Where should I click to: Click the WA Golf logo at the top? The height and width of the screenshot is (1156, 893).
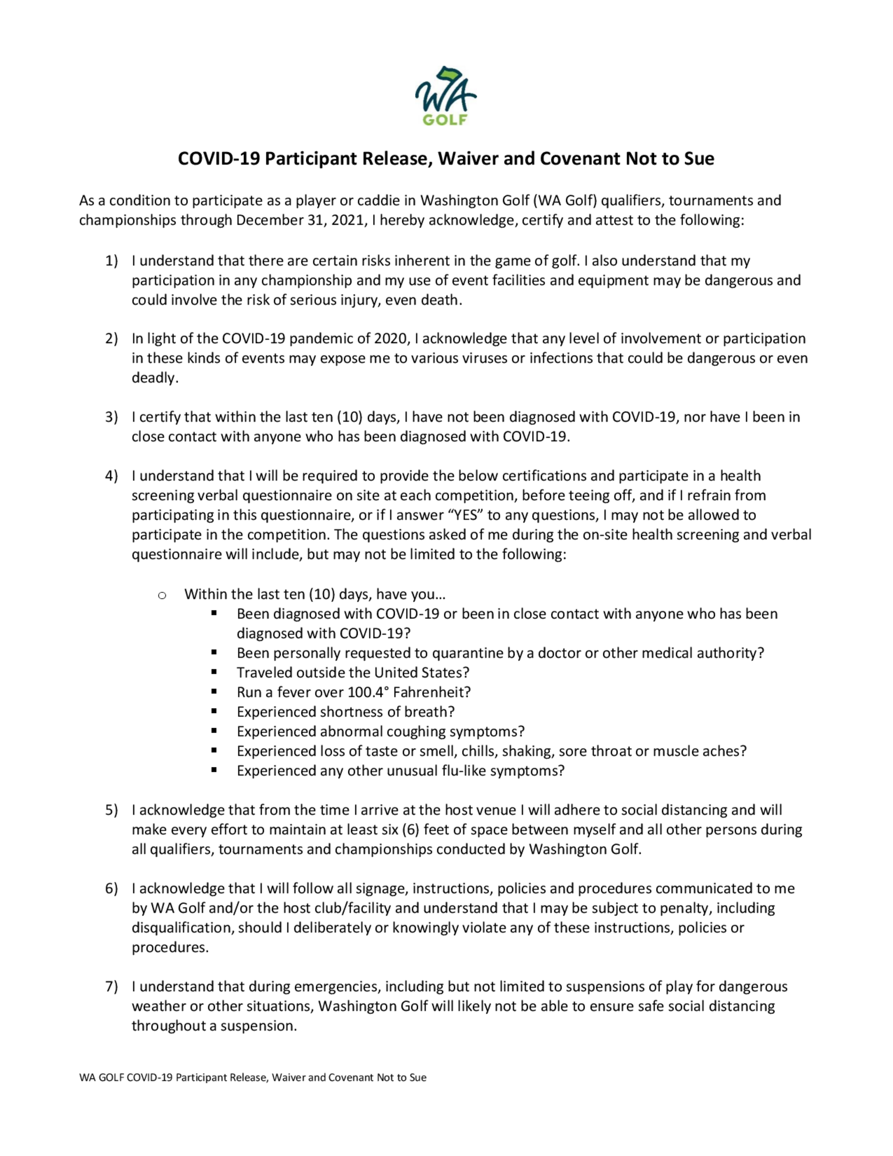(446, 96)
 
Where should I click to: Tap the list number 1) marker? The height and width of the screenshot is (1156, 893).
(111, 260)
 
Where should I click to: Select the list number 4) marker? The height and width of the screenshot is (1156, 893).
(111, 475)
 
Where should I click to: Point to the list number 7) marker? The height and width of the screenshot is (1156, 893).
(111, 986)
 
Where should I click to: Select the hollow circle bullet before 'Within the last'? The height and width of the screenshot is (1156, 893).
(162, 595)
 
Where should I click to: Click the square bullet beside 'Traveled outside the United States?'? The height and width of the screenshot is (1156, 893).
(214, 672)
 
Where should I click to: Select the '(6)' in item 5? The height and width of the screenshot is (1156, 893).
(410, 829)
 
